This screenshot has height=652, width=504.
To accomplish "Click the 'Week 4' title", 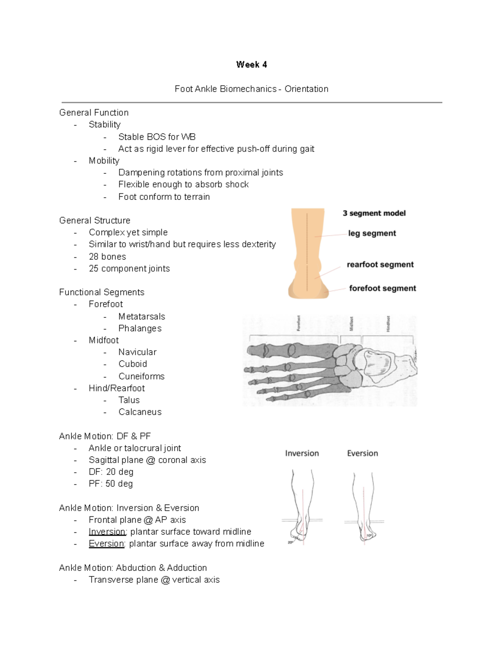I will (251, 65).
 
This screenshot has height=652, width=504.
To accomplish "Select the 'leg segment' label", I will (372, 233).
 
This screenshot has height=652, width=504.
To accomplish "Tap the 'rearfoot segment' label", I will (380, 264).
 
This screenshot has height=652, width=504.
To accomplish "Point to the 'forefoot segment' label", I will (382, 288).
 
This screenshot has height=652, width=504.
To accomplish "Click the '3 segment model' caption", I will (374, 213).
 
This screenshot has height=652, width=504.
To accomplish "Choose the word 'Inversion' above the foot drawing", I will (302, 453).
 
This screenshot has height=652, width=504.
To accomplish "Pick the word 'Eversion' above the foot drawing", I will (362, 453).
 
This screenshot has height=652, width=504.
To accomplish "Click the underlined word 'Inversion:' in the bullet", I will (108, 532).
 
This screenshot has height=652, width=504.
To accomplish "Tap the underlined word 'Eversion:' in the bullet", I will (107, 544).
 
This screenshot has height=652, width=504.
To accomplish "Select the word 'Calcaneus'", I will (140, 412).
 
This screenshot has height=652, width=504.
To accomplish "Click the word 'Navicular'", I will (137, 352).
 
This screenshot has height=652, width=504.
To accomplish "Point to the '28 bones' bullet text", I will (107, 257).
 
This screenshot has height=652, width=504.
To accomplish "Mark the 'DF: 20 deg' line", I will (111, 472).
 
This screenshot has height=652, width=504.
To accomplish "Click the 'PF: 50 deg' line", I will (110, 484).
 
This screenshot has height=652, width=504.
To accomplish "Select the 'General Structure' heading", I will (94, 221).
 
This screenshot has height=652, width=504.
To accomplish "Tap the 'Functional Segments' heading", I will (102, 292).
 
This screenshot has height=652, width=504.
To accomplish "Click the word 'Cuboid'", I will (133, 364).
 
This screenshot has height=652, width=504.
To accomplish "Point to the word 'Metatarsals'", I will (142, 317).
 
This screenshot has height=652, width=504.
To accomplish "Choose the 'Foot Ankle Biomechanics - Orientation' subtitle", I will (251, 89).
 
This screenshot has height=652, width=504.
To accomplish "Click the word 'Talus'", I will (129, 400).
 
